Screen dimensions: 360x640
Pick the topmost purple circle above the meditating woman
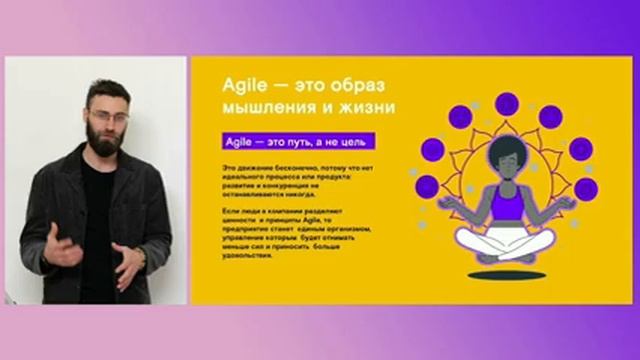tap(507, 102)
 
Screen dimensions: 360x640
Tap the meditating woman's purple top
tap(506, 207)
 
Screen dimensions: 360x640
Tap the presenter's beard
tap(106, 137)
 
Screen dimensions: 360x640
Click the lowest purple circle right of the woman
tap(587, 188)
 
